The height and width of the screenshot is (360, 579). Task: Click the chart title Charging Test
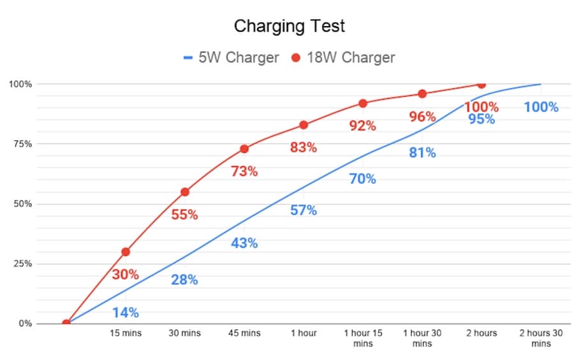pyautogui.click(x=289, y=26)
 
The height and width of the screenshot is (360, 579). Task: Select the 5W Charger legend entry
pyautogui.click(x=231, y=58)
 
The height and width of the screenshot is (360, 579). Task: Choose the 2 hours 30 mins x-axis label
pyautogui.click(x=541, y=338)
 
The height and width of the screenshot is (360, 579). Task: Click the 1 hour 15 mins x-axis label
pyautogui.click(x=363, y=338)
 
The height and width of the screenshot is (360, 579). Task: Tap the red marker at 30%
pyautogui.click(x=126, y=252)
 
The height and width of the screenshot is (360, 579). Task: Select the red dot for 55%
pyautogui.click(x=185, y=192)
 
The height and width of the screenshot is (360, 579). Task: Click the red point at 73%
pyautogui.click(x=244, y=149)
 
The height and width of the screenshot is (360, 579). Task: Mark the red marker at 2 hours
pyautogui.click(x=481, y=84)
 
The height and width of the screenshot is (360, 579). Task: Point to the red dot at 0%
pyautogui.click(x=66, y=323)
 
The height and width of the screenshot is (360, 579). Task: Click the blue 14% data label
pyautogui.click(x=126, y=313)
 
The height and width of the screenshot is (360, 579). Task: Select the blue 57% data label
pyautogui.click(x=304, y=210)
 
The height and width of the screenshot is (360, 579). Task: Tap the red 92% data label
pyautogui.click(x=363, y=126)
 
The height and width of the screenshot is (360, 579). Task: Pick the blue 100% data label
pyautogui.click(x=541, y=107)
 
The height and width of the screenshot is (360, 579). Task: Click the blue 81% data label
pyautogui.click(x=422, y=153)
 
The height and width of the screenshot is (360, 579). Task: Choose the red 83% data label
pyautogui.click(x=304, y=147)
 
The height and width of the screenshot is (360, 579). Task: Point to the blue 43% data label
pyautogui.click(x=244, y=243)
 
